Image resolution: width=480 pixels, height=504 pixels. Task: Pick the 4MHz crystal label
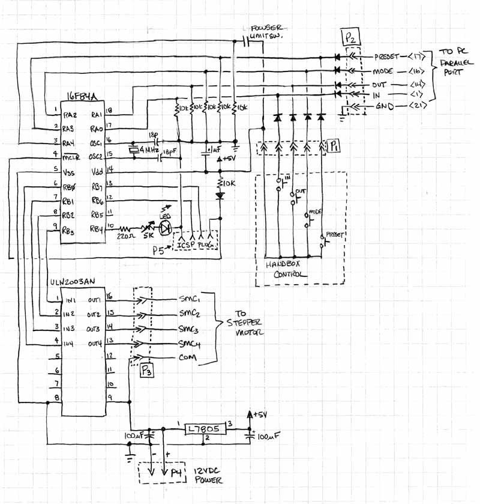coord(149,148)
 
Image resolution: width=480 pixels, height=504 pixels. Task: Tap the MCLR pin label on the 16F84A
coord(71,158)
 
